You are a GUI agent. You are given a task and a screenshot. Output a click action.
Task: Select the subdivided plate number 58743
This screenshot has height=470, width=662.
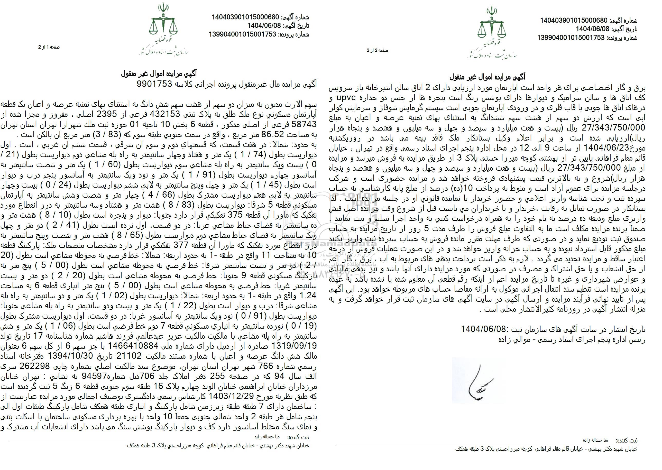click(302, 123)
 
